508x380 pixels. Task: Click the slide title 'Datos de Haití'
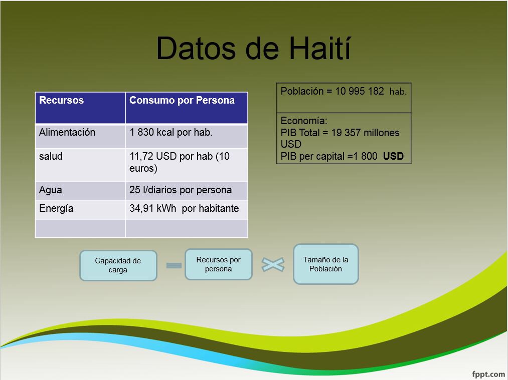[253, 49]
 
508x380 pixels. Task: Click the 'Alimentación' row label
[67, 132]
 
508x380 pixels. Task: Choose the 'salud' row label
[51, 157]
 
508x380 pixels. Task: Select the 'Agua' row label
[50, 190]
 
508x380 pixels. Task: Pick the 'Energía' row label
[56, 209]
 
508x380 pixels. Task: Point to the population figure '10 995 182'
[360, 91]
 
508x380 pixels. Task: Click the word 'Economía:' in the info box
[304, 121]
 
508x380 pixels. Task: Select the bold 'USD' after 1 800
[393, 156]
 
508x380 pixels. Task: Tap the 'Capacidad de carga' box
[118, 265]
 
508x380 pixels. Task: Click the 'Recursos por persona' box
[218, 264]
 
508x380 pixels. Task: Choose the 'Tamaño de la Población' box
[325, 264]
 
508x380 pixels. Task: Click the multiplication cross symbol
[273, 264]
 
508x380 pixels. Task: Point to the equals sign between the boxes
[174, 265]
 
